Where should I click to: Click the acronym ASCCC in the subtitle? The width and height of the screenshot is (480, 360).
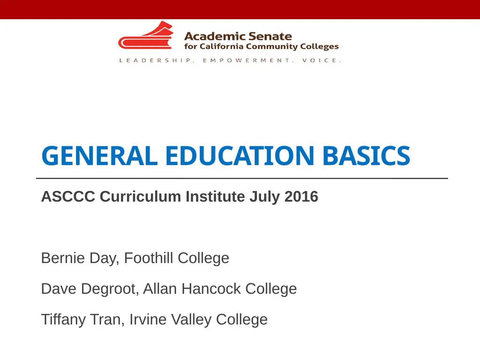pyautogui.click(x=68, y=196)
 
